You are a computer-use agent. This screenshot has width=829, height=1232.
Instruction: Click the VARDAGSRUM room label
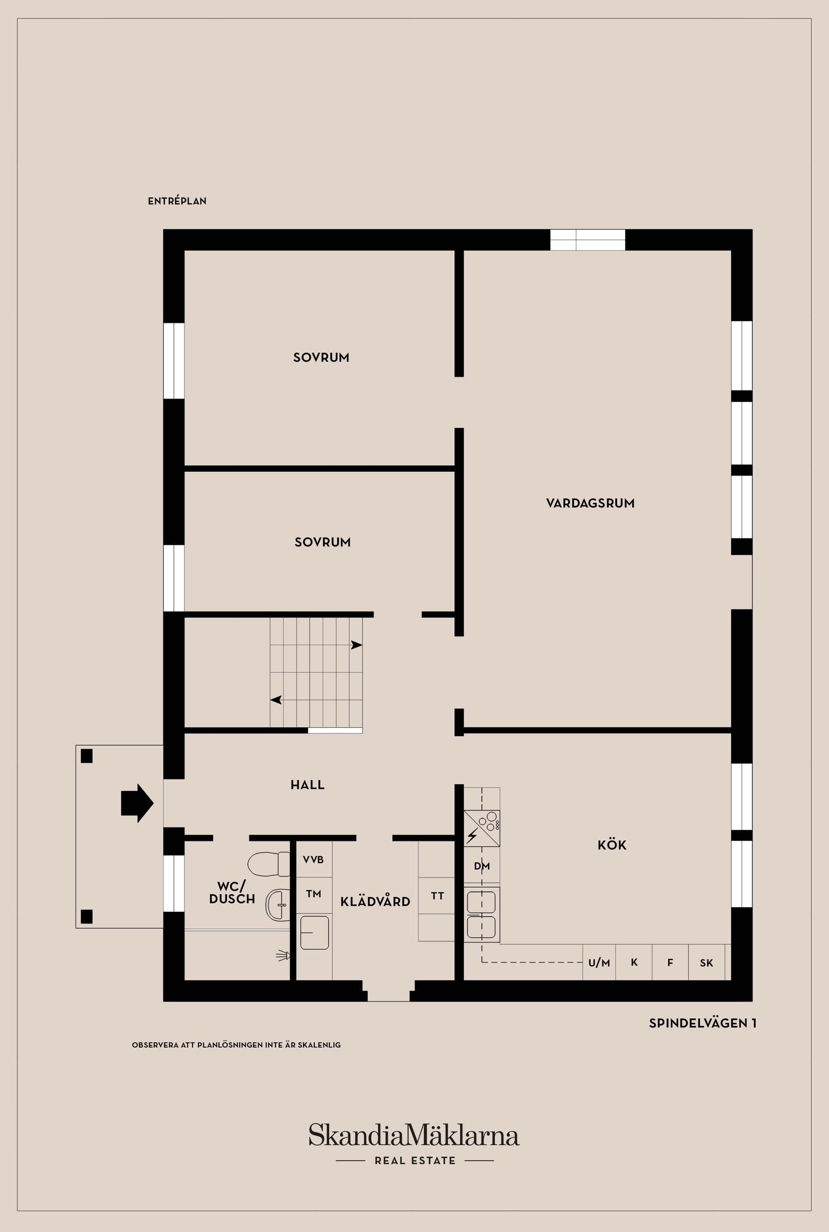pyautogui.click(x=590, y=503)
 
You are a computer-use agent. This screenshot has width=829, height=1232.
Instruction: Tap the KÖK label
pyautogui.click(x=612, y=845)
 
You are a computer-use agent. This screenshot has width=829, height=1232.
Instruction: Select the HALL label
pyautogui.click(x=307, y=784)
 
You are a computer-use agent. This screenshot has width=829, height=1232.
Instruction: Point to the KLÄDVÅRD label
pyautogui.click(x=375, y=902)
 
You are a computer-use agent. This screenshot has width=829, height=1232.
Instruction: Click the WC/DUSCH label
pyautogui.click(x=232, y=892)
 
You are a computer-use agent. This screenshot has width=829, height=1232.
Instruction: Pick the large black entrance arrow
pyautogui.click(x=137, y=803)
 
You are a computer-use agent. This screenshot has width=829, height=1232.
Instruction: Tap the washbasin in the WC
pyautogui.click(x=277, y=905)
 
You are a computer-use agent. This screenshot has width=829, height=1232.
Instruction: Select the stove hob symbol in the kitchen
pyautogui.click(x=482, y=829)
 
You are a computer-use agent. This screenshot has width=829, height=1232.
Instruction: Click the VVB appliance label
pyautogui.click(x=313, y=860)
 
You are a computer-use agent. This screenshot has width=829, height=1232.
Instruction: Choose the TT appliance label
pyautogui.click(x=437, y=895)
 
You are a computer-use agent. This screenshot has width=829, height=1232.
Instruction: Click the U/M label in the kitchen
pyautogui.click(x=599, y=963)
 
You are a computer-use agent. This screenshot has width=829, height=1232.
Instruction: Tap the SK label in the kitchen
pyautogui.click(x=706, y=963)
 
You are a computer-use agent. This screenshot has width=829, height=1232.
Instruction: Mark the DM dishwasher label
pyautogui.click(x=482, y=866)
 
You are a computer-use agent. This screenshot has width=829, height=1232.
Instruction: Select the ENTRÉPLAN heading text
pyautogui.click(x=177, y=201)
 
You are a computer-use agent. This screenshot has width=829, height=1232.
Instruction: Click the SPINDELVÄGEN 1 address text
pyautogui.click(x=702, y=1023)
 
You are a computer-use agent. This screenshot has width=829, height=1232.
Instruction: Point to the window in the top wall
pyautogui.click(x=587, y=240)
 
